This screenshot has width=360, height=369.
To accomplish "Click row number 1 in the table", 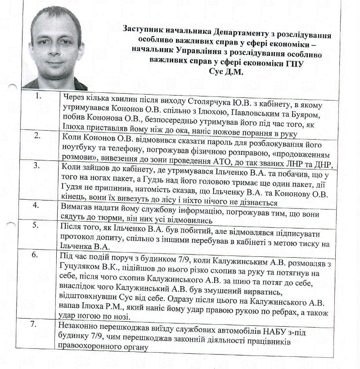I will click(x=39, y=96).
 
